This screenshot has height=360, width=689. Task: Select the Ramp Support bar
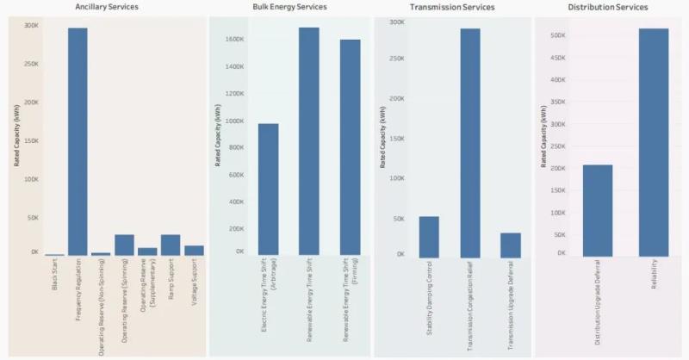pos(171,245)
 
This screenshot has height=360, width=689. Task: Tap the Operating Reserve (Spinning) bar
pos(124,245)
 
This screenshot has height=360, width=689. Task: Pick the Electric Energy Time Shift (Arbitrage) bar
pos(268,189)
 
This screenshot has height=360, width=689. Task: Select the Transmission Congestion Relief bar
pos(469,142)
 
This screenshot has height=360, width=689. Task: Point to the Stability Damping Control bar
pos(429,236)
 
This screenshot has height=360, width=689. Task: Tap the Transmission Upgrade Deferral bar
pos(510,245)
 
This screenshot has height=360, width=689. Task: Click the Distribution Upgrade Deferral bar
pos(598,210)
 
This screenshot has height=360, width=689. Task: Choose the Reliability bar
pos(654,142)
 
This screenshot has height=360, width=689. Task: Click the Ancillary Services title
pos(107,8)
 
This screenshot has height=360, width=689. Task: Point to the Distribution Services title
pos(607,8)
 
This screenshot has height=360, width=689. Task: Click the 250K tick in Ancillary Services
pos(31,64)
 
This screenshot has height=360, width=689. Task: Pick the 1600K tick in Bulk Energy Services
pos(233,40)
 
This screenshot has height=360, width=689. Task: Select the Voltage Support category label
pos(194,285)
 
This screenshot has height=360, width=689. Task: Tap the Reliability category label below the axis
pos(654,281)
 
